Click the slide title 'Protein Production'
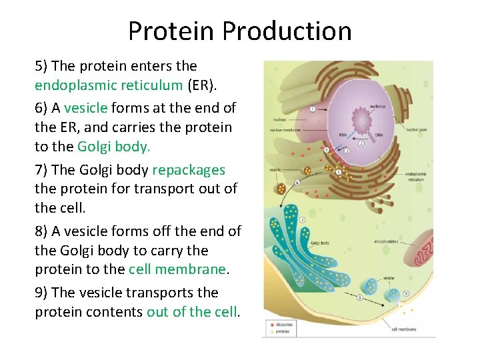(239, 31)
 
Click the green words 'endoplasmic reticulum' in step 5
(109, 85)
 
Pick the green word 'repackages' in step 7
(189, 169)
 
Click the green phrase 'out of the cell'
(192, 313)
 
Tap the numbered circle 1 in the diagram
(313, 108)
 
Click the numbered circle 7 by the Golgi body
(303, 219)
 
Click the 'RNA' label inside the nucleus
(342, 134)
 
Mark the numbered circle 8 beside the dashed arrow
(361, 297)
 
